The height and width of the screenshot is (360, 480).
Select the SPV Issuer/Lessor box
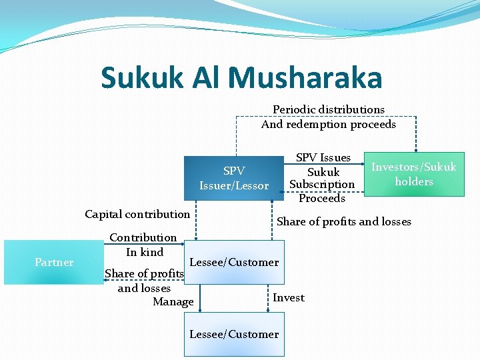(233, 178)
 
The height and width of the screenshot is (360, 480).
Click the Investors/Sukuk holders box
(413, 174)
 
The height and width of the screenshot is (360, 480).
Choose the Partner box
(54, 263)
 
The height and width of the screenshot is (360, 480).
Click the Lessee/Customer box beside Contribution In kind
(234, 262)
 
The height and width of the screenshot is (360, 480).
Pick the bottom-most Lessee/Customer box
(234, 334)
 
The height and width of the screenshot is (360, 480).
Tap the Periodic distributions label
(329, 109)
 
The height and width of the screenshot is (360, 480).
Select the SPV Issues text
(323, 158)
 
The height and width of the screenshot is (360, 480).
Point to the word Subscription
(323, 185)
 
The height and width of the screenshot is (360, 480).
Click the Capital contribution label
(137, 214)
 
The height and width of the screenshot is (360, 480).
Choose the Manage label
(173, 302)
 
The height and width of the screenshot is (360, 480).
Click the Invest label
(289, 298)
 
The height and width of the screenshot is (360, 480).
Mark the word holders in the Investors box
(414, 181)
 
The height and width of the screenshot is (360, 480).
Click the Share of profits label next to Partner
(144, 274)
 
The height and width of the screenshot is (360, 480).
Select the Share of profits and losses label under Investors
(344, 222)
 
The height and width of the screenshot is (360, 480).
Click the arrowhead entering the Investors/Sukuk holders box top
(416, 149)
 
